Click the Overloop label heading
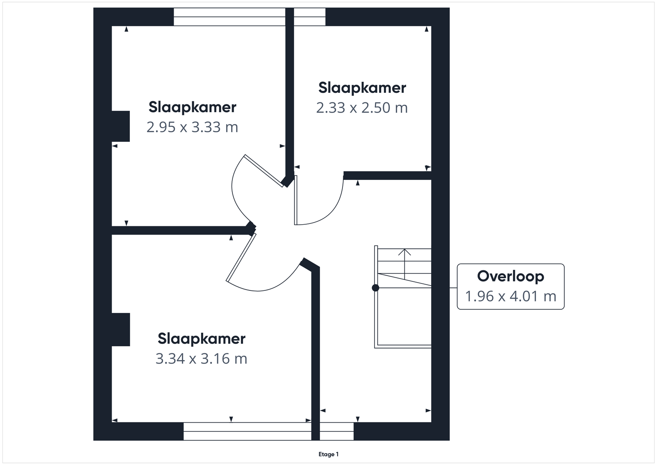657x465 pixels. coord(510,276)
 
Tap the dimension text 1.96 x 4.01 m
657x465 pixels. coord(511,296)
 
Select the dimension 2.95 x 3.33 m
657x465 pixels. coord(192,127)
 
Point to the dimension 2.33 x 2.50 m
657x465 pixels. coord(362,108)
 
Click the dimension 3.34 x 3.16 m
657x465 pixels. coord(201,359)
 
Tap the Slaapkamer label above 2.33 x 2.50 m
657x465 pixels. coord(362,88)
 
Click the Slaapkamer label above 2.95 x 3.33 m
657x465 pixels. coord(193,107)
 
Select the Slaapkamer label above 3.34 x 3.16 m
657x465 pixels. coord(202,338)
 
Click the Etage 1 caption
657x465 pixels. coord(328,454)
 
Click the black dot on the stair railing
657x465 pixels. coord(375,288)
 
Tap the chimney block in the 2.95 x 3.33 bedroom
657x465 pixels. coord(121,126)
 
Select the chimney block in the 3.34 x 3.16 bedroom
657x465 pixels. coord(121,329)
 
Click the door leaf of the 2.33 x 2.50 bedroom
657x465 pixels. coord(296,200)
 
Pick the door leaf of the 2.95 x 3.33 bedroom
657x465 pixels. coord(264,171)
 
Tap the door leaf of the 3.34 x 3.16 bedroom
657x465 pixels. coord(241,257)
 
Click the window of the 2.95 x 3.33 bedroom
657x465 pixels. coord(230,17)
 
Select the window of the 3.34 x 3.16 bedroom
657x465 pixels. coord(247,431)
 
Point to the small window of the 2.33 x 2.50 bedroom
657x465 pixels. coord(310,17)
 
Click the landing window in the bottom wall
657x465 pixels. coord(337,431)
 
